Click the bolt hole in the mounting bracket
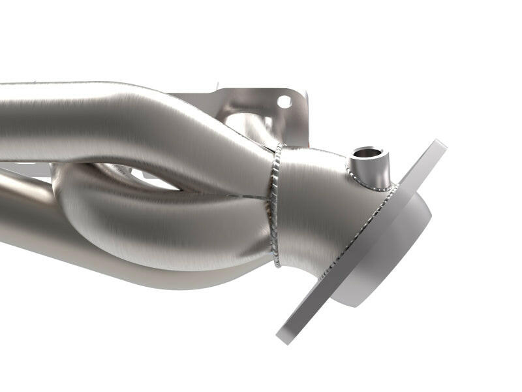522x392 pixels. coord(284,102)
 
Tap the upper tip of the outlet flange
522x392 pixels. coord(440,145)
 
